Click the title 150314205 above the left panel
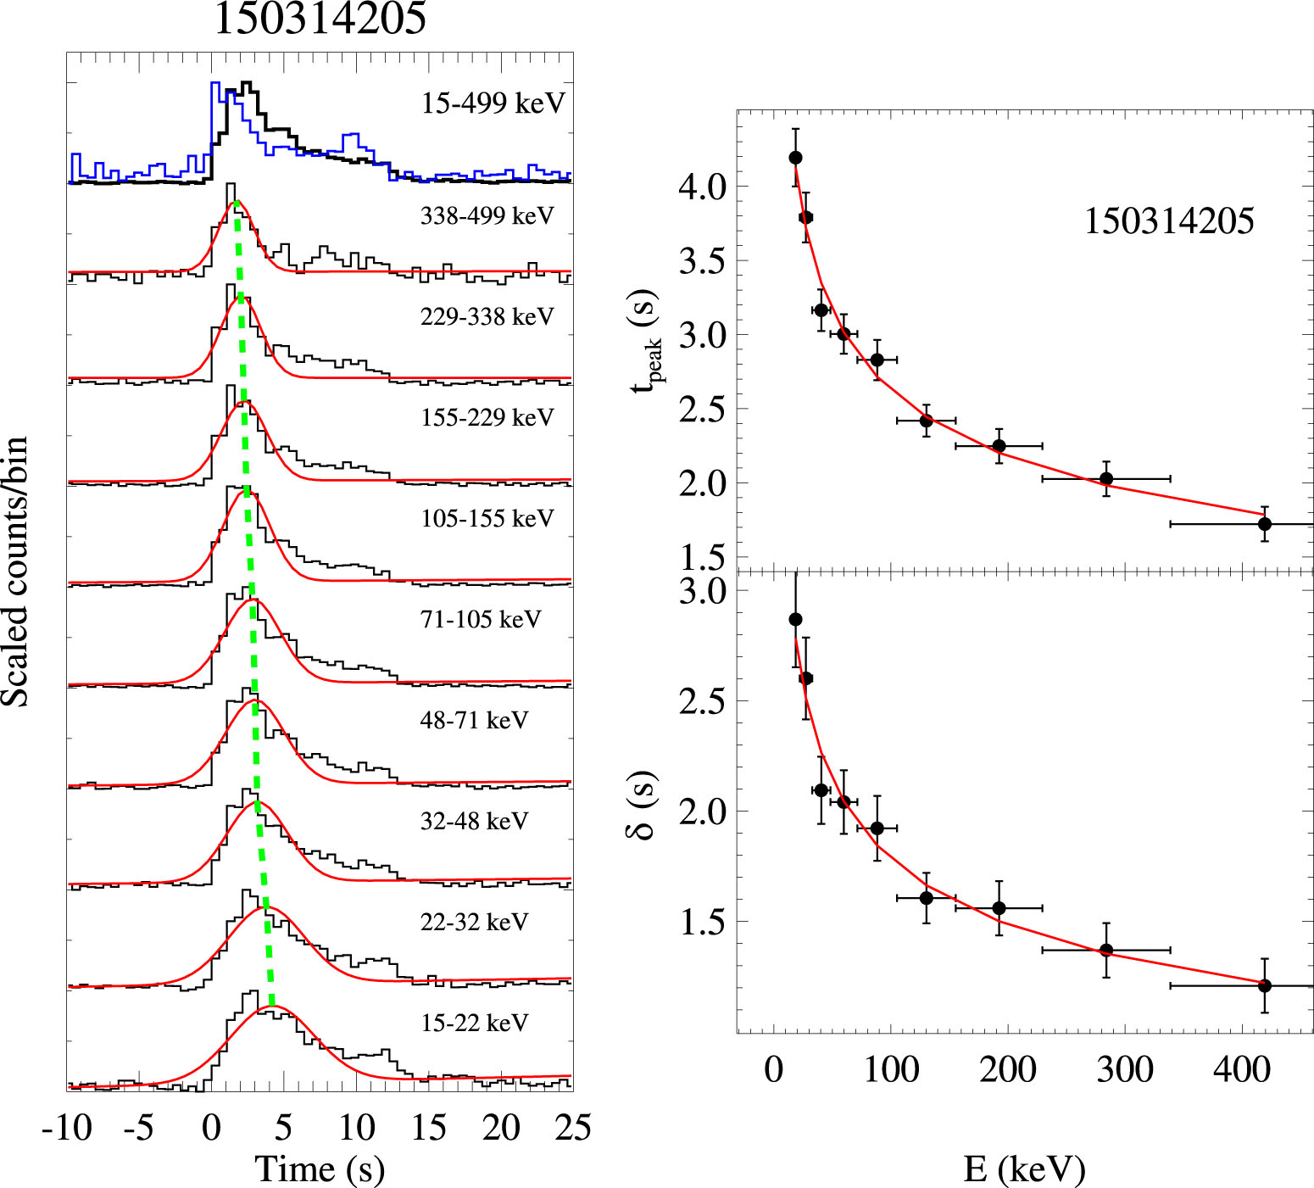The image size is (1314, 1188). (320, 19)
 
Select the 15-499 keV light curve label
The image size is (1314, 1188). (493, 103)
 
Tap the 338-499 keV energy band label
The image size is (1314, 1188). (487, 216)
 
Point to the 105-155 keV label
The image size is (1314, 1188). (487, 518)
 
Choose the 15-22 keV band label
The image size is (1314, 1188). (474, 1023)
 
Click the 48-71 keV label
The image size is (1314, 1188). (474, 720)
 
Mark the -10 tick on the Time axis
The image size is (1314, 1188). (67, 1128)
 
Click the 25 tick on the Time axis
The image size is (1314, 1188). (572, 1128)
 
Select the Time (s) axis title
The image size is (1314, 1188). (320, 1169)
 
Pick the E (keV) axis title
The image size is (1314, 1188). (1024, 1169)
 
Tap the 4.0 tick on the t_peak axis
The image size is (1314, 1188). (703, 187)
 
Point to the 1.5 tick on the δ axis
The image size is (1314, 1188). (703, 922)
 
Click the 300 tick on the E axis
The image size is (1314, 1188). (1124, 1070)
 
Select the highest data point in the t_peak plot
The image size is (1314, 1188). (795, 158)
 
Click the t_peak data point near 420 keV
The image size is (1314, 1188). (1264, 524)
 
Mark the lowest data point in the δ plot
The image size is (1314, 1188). (1264, 985)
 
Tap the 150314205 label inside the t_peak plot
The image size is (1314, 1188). (1169, 221)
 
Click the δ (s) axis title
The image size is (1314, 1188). (643, 805)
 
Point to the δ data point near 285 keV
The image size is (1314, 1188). (1106, 950)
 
